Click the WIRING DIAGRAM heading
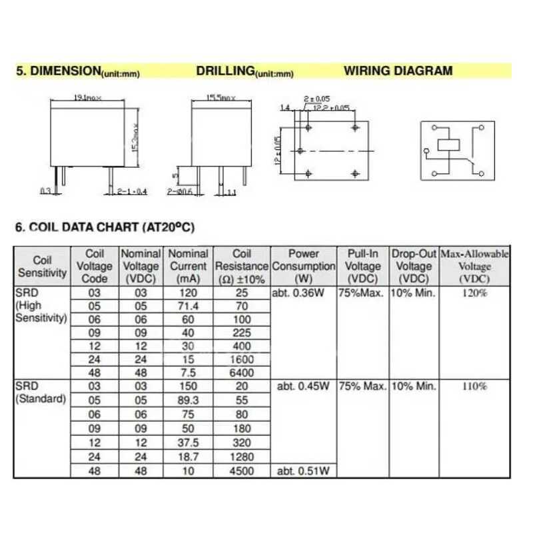tap(398, 71)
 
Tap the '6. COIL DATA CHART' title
tap(105, 227)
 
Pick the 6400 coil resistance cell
tap(242, 374)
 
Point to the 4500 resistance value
tap(242, 471)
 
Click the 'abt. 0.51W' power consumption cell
tap(304, 471)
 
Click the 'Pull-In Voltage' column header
tap(363, 266)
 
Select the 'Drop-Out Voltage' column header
tap(413, 266)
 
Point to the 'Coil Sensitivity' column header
tap(43, 266)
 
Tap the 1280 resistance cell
tap(242, 456)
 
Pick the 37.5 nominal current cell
tap(188, 442)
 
